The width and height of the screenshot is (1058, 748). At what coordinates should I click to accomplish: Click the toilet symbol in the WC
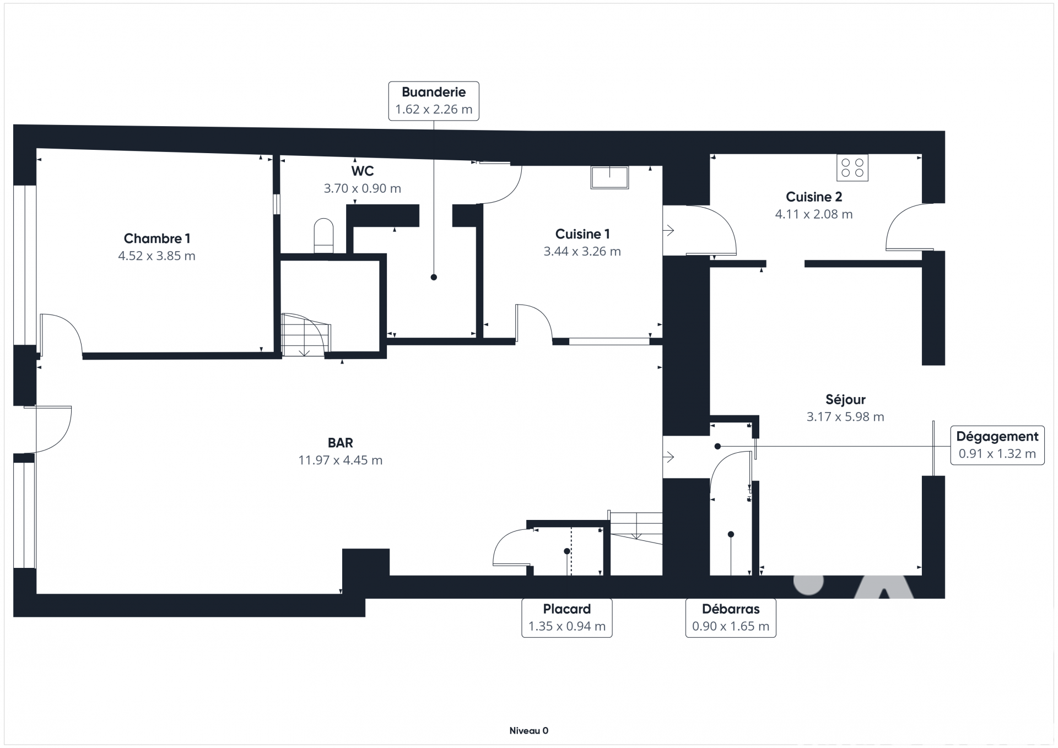pos(323,236)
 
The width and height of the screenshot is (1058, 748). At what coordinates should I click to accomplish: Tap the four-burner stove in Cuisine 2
pos(852,167)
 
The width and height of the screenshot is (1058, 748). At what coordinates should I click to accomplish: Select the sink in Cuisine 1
pos(609,177)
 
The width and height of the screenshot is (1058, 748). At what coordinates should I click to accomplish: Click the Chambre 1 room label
pos(157,239)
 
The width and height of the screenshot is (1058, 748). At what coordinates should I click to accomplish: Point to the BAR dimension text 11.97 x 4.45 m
pos(341,460)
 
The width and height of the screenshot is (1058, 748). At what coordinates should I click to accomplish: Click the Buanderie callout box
pos(434,101)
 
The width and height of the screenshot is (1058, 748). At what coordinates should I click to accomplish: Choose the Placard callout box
pos(567,618)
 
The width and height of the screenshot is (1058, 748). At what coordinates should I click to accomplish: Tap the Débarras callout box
pos(731,618)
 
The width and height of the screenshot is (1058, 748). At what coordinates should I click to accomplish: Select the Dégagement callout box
pos(997,445)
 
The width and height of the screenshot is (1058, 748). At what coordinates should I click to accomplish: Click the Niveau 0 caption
pos(529,731)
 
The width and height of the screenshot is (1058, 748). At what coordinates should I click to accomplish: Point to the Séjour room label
pos(845,399)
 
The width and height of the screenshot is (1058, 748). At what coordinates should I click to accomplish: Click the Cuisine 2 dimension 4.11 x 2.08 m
pos(814,214)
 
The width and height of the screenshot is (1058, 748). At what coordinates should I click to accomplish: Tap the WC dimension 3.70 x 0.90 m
pos(363,188)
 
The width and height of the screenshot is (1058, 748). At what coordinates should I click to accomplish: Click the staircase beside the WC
pos(306,335)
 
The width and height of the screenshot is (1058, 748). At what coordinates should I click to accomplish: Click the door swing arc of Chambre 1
pos(61,334)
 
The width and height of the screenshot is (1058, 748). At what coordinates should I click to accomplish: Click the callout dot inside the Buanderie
pos(434,277)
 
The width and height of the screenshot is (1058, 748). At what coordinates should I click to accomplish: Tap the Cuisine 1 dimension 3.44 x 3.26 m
pos(582,252)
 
